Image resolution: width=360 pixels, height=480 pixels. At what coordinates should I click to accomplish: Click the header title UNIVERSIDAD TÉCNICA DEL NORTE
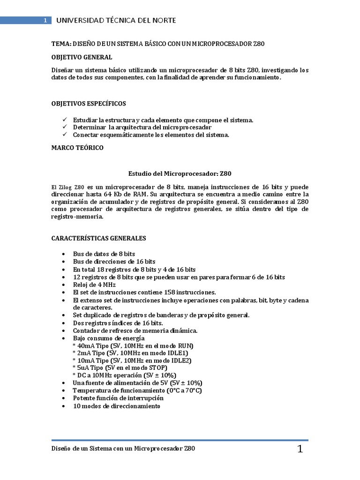click(x=116, y=21)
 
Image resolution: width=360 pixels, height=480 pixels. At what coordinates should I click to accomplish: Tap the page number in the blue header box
click(x=45, y=21)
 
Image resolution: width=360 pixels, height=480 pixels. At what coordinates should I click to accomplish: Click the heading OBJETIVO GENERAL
click(x=82, y=57)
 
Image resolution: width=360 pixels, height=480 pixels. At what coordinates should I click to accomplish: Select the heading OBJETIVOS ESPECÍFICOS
click(x=88, y=103)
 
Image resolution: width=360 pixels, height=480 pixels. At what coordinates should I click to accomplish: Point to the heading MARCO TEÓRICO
click(x=77, y=148)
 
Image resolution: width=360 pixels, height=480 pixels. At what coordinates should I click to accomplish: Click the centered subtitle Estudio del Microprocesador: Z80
click(x=180, y=173)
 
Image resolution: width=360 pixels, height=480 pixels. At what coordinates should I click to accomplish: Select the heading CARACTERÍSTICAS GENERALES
click(x=98, y=238)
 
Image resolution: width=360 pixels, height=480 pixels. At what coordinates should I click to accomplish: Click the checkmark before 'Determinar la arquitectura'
click(x=64, y=127)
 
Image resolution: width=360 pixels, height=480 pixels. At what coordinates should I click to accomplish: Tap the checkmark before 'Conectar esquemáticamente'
click(x=64, y=135)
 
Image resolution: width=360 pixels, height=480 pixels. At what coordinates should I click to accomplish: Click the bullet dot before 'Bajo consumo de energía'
click(x=63, y=338)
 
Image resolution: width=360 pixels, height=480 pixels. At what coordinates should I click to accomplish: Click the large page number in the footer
click(x=300, y=450)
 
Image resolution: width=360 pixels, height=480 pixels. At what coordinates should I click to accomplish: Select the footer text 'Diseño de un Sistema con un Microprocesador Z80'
click(x=123, y=449)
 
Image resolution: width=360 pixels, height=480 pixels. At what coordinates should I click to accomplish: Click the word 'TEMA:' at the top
click(x=60, y=44)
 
